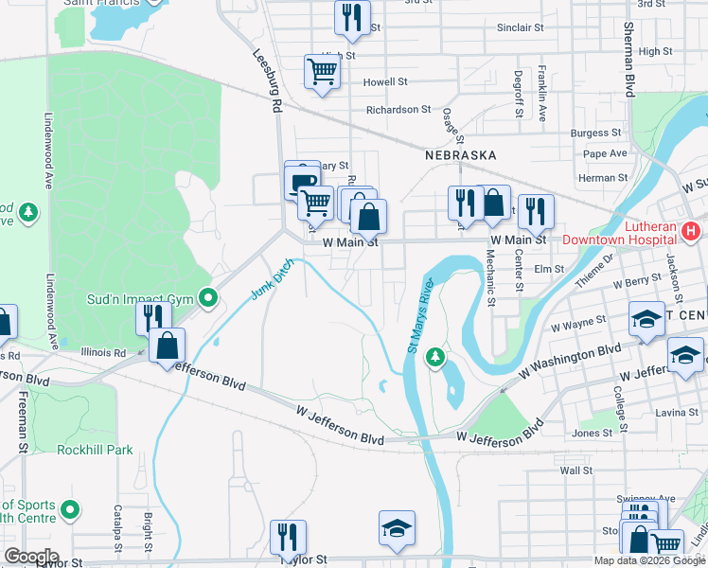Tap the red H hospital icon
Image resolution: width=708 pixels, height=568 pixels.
pyautogui.click(x=691, y=229)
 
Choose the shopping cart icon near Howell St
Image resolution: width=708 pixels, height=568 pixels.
pyautogui.click(x=322, y=71)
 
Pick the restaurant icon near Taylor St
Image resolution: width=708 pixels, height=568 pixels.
pyautogui.click(x=288, y=537)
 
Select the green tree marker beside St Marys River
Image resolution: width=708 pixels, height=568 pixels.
pyautogui.click(x=434, y=357)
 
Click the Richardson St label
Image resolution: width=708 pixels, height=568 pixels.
pyautogui.click(x=398, y=110)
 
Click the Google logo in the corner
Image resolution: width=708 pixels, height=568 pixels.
pyautogui.click(x=31, y=557)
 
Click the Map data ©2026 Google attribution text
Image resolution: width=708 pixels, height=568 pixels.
pyautogui.click(x=649, y=560)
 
